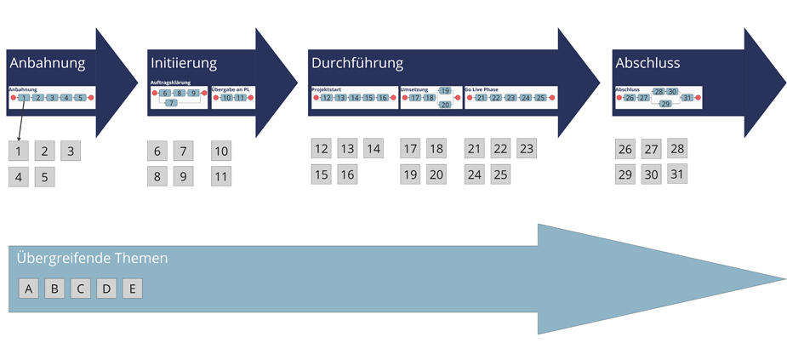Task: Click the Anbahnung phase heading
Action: pyautogui.click(x=48, y=63)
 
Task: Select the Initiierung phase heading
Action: pyautogui.click(x=184, y=63)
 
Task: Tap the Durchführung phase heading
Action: pyautogui.click(x=357, y=63)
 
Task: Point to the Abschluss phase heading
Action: pyautogui.click(x=647, y=63)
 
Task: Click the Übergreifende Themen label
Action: pyautogui.click(x=93, y=258)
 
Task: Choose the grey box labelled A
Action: pyautogui.click(x=29, y=289)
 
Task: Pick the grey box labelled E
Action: pyautogui.click(x=132, y=289)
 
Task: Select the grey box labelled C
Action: pyautogui.click(x=80, y=289)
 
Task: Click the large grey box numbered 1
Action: pyautogui.click(x=19, y=151)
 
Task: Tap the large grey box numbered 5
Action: pyautogui.click(x=45, y=178)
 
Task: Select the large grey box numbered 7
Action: pyautogui.click(x=184, y=151)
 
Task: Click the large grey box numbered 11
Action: pyautogui.click(x=221, y=178)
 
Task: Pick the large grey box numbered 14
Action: pyautogui.click(x=374, y=148)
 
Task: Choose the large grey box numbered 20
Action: pyautogui.click(x=436, y=174)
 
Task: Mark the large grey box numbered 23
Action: pyautogui.click(x=527, y=148)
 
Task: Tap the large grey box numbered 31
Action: pyautogui.click(x=677, y=174)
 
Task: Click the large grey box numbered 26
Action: pyautogui.click(x=625, y=149)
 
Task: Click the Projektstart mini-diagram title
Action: pyautogui.click(x=326, y=89)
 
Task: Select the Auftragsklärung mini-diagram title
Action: pyautogui.click(x=170, y=83)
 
